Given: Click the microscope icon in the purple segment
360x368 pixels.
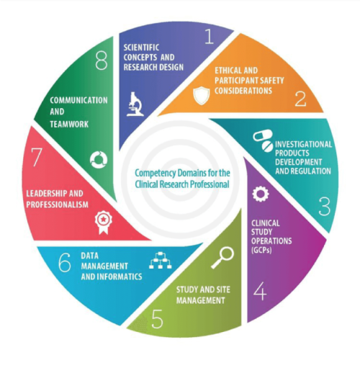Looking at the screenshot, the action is [x=135, y=104].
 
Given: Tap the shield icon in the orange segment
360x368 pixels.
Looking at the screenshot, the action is [x=202, y=96].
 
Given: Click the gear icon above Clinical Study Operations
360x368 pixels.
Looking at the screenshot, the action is [x=261, y=194].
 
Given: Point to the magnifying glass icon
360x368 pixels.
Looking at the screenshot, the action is [x=222, y=258].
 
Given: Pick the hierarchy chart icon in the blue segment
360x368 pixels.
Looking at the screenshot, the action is [x=161, y=261].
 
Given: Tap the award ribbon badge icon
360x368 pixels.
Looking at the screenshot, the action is [x=104, y=222].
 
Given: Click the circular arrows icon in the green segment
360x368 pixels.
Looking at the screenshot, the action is [x=99, y=160].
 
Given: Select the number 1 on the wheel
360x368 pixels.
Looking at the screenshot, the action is [x=210, y=36].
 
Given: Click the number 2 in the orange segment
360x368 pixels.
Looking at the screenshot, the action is [x=300, y=99].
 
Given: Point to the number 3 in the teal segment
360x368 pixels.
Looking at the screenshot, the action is [x=325, y=207].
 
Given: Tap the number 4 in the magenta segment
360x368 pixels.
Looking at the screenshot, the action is [x=260, y=291].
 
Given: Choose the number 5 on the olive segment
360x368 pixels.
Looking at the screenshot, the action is [x=157, y=319].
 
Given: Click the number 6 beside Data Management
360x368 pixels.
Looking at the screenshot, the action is [x=65, y=262].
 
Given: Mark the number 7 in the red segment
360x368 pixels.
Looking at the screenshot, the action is [x=37, y=157].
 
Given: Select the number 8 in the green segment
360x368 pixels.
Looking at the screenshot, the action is [x=102, y=60].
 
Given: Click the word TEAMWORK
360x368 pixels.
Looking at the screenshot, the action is [x=69, y=124].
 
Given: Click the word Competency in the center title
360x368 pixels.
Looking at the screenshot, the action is [x=155, y=174].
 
